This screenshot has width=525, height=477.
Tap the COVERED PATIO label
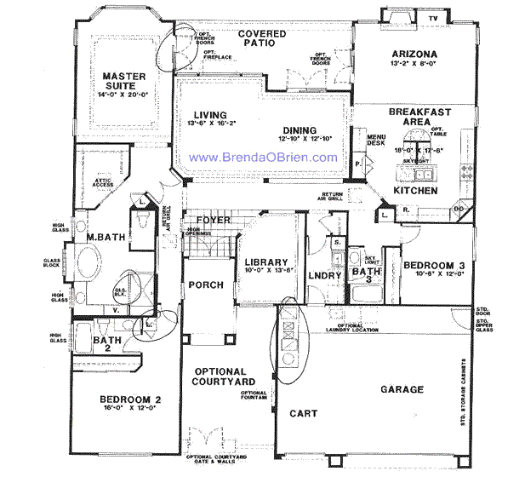click(x=261, y=39)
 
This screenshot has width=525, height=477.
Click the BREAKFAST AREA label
click(x=419, y=117)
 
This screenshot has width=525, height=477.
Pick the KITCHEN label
click(x=415, y=191)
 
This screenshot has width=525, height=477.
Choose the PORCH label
click(x=205, y=285)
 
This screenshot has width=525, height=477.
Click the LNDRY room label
click(x=324, y=275)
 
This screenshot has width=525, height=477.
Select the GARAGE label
click(x=402, y=389)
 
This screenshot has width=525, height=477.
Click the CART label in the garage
click(x=304, y=414)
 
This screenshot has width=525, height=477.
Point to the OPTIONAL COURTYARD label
click(x=220, y=377)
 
